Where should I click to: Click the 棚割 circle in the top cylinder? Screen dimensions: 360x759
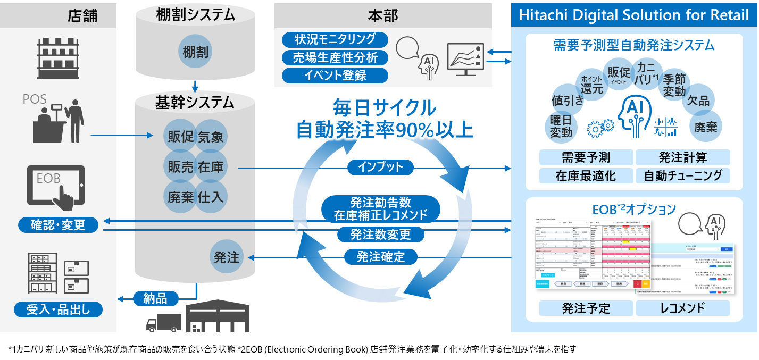pyautogui.click(x=195, y=52)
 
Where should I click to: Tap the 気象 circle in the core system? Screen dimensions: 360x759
pyautogui.click(x=211, y=137)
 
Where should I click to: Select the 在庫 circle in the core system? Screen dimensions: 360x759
pyautogui.click(x=211, y=167)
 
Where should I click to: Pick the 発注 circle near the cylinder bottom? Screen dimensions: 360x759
pyautogui.click(x=227, y=258)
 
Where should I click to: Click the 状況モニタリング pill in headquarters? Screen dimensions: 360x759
pyautogui.click(x=335, y=39)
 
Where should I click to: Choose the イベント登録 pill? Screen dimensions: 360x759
pyautogui.click(x=335, y=75)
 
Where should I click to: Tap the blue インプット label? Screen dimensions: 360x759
pyautogui.click(x=380, y=168)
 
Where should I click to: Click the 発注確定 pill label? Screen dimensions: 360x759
pyautogui.click(x=380, y=257)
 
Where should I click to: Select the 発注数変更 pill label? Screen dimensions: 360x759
pyautogui.click(x=380, y=234)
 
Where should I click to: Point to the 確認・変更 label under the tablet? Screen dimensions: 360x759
pyautogui.click(x=58, y=225)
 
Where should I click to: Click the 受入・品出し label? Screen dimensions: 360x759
pyautogui.click(x=58, y=308)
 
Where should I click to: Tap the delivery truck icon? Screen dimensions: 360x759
pyautogui.click(x=163, y=322)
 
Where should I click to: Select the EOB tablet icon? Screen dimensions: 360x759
pyautogui.click(x=56, y=186)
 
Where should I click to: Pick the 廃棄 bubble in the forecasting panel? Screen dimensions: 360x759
pyautogui.click(x=705, y=127)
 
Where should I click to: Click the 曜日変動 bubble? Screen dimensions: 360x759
pyautogui.click(x=561, y=126)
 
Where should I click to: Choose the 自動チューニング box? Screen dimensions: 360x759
pyautogui.click(x=683, y=175)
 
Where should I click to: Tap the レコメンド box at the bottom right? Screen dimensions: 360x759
pyautogui.click(x=683, y=308)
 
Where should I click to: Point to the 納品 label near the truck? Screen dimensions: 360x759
pyautogui.click(x=155, y=298)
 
